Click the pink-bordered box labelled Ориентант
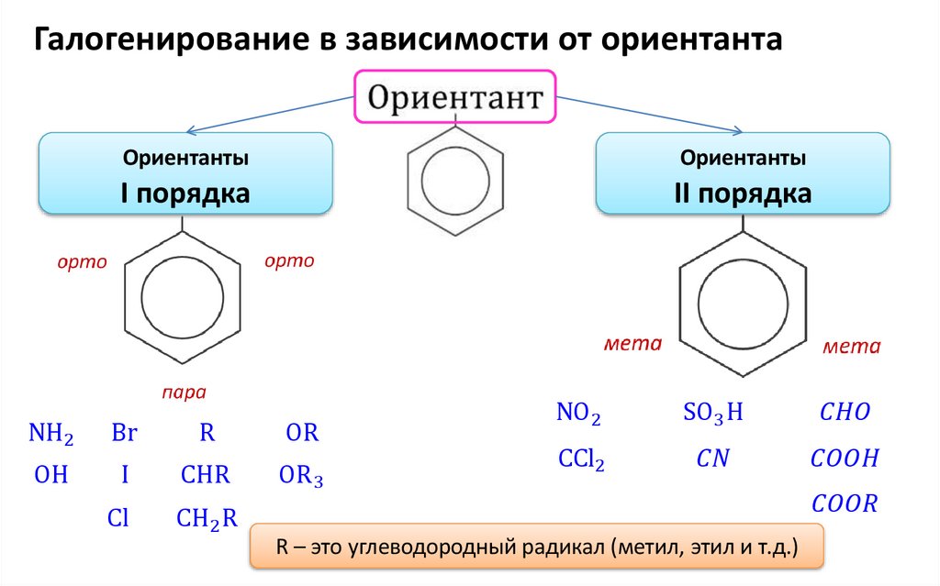pos(455,96)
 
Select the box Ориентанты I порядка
pos(185,174)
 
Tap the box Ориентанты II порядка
pos(743,174)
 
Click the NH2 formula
pos(51,433)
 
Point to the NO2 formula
pos(578,415)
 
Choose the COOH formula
pos(845,459)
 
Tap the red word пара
pos(184,393)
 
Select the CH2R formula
pos(207,519)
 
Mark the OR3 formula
pos(301,477)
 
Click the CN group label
pos(712,459)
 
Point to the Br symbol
pos(124,433)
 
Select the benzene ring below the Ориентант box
pos(456,182)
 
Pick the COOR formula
pos(845,503)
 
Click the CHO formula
pos(844,413)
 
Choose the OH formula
pos(51,476)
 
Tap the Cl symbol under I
pos(117,519)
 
